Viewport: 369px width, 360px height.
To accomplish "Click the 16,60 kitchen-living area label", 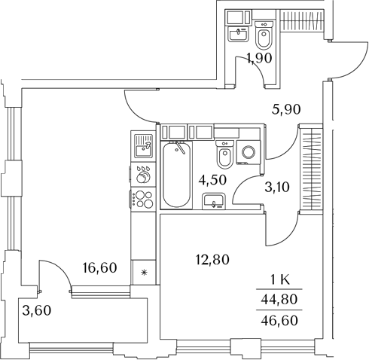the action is pyautogui.click(x=99, y=268).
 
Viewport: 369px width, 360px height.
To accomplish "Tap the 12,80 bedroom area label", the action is pyautogui.click(x=212, y=260).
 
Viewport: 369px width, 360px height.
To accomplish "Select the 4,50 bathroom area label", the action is pyautogui.click(x=212, y=180).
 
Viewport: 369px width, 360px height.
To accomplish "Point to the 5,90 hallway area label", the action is pyautogui.click(x=286, y=109).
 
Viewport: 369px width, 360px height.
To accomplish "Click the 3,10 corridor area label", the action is pyautogui.click(x=277, y=187).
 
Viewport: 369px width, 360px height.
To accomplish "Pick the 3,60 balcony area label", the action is pyautogui.click(x=37, y=310).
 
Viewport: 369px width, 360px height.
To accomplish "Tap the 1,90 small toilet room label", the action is pyautogui.click(x=259, y=58).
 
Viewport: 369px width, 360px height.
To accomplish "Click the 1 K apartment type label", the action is pyautogui.click(x=279, y=279).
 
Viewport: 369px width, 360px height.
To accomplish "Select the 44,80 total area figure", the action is pyautogui.click(x=279, y=299).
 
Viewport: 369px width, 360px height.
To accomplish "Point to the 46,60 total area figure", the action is pyautogui.click(x=279, y=320).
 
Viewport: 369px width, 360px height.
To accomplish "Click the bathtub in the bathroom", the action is pyautogui.click(x=176, y=175).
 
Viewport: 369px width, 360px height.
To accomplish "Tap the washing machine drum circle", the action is pyautogui.click(x=249, y=152).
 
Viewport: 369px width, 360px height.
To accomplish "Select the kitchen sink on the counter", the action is pyautogui.click(x=143, y=146).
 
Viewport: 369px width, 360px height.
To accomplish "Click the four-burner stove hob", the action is pyautogui.click(x=143, y=200).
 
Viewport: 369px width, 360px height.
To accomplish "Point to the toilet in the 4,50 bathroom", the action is pyautogui.click(x=224, y=154).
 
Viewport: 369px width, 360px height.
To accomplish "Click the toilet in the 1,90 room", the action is pyautogui.click(x=264, y=35).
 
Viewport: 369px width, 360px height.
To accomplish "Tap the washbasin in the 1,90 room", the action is pyautogui.click(x=238, y=34).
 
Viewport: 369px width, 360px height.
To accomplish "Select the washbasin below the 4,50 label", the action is pyautogui.click(x=214, y=201).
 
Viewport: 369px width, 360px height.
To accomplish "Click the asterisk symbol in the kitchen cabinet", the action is pyautogui.click(x=144, y=273).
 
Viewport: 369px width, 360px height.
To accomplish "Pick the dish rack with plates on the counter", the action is pyautogui.click(x=143, y=175).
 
